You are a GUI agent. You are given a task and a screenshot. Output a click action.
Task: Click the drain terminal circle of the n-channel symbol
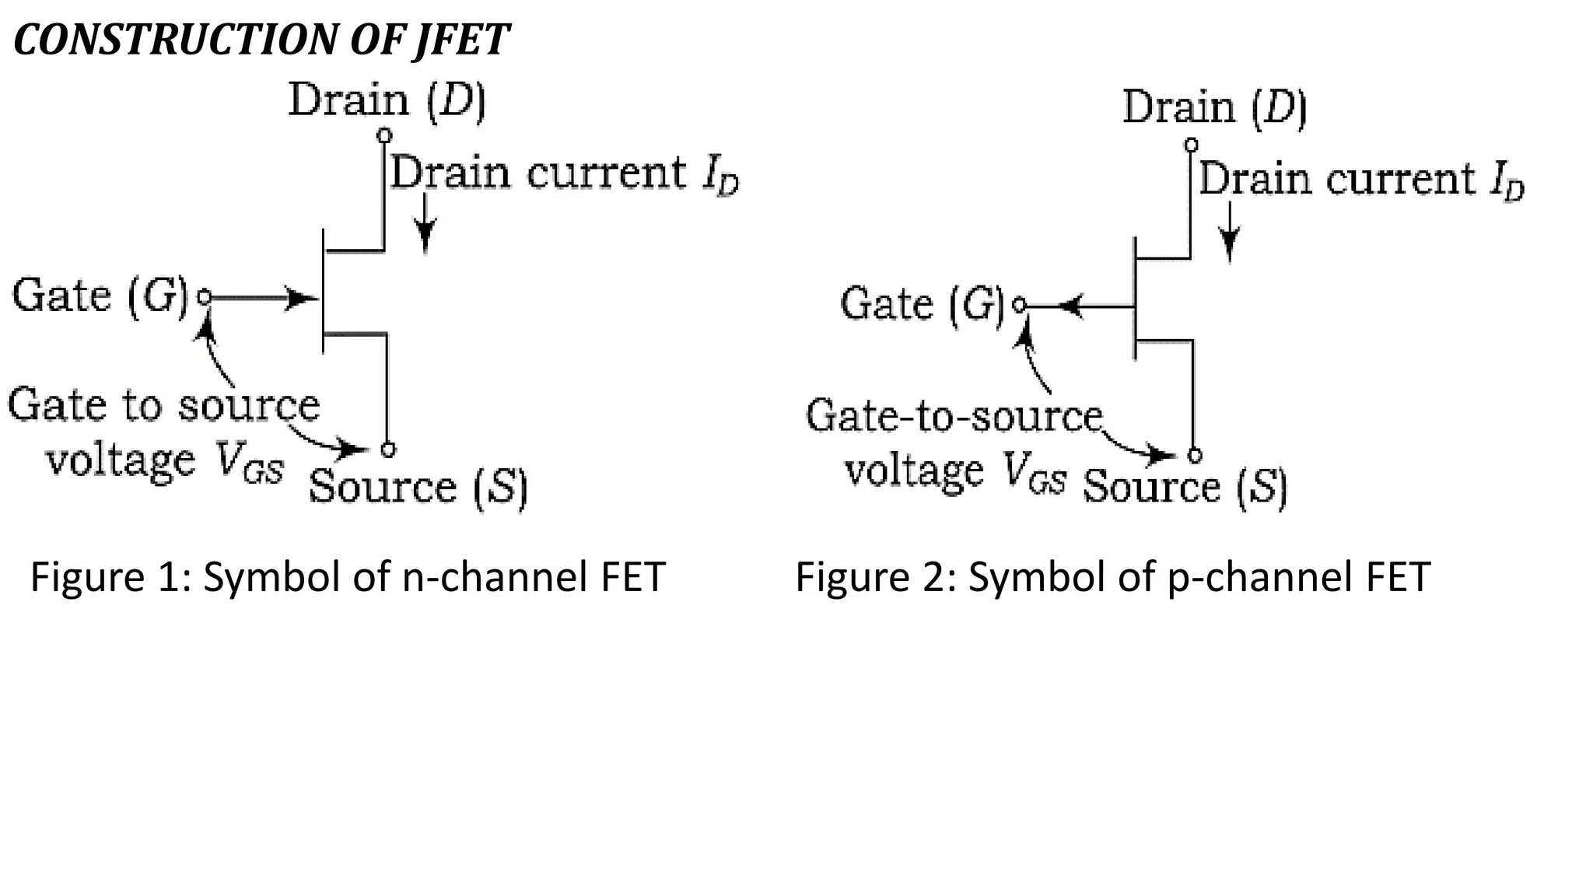click(384, 135)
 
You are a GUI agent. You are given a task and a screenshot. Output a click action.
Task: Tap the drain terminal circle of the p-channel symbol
click(1191, 145)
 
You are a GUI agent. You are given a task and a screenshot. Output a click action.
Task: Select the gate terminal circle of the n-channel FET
click(204, 296)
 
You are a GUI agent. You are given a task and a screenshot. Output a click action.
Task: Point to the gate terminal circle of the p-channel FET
click(1020, 305)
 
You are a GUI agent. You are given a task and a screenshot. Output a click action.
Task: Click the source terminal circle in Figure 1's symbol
click(388, 450)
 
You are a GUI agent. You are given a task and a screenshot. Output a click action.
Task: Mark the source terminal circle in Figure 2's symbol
click(1196, 456)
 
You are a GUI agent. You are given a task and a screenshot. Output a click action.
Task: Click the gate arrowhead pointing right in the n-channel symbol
click(302, 297)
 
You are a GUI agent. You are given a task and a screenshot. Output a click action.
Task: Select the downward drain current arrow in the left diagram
click(425, 226)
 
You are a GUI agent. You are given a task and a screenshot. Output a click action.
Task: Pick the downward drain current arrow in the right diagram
click(1230, 233)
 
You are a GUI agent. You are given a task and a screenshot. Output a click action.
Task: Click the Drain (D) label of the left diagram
click(387, 101)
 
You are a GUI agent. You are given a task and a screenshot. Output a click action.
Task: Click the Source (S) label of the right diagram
click(1184, 488)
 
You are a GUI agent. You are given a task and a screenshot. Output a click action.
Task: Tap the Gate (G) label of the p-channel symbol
click(923, 303)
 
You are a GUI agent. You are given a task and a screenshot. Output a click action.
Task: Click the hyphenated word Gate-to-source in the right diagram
click(954, 416)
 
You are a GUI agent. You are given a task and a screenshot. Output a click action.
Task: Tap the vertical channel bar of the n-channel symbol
click(324, 292)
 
